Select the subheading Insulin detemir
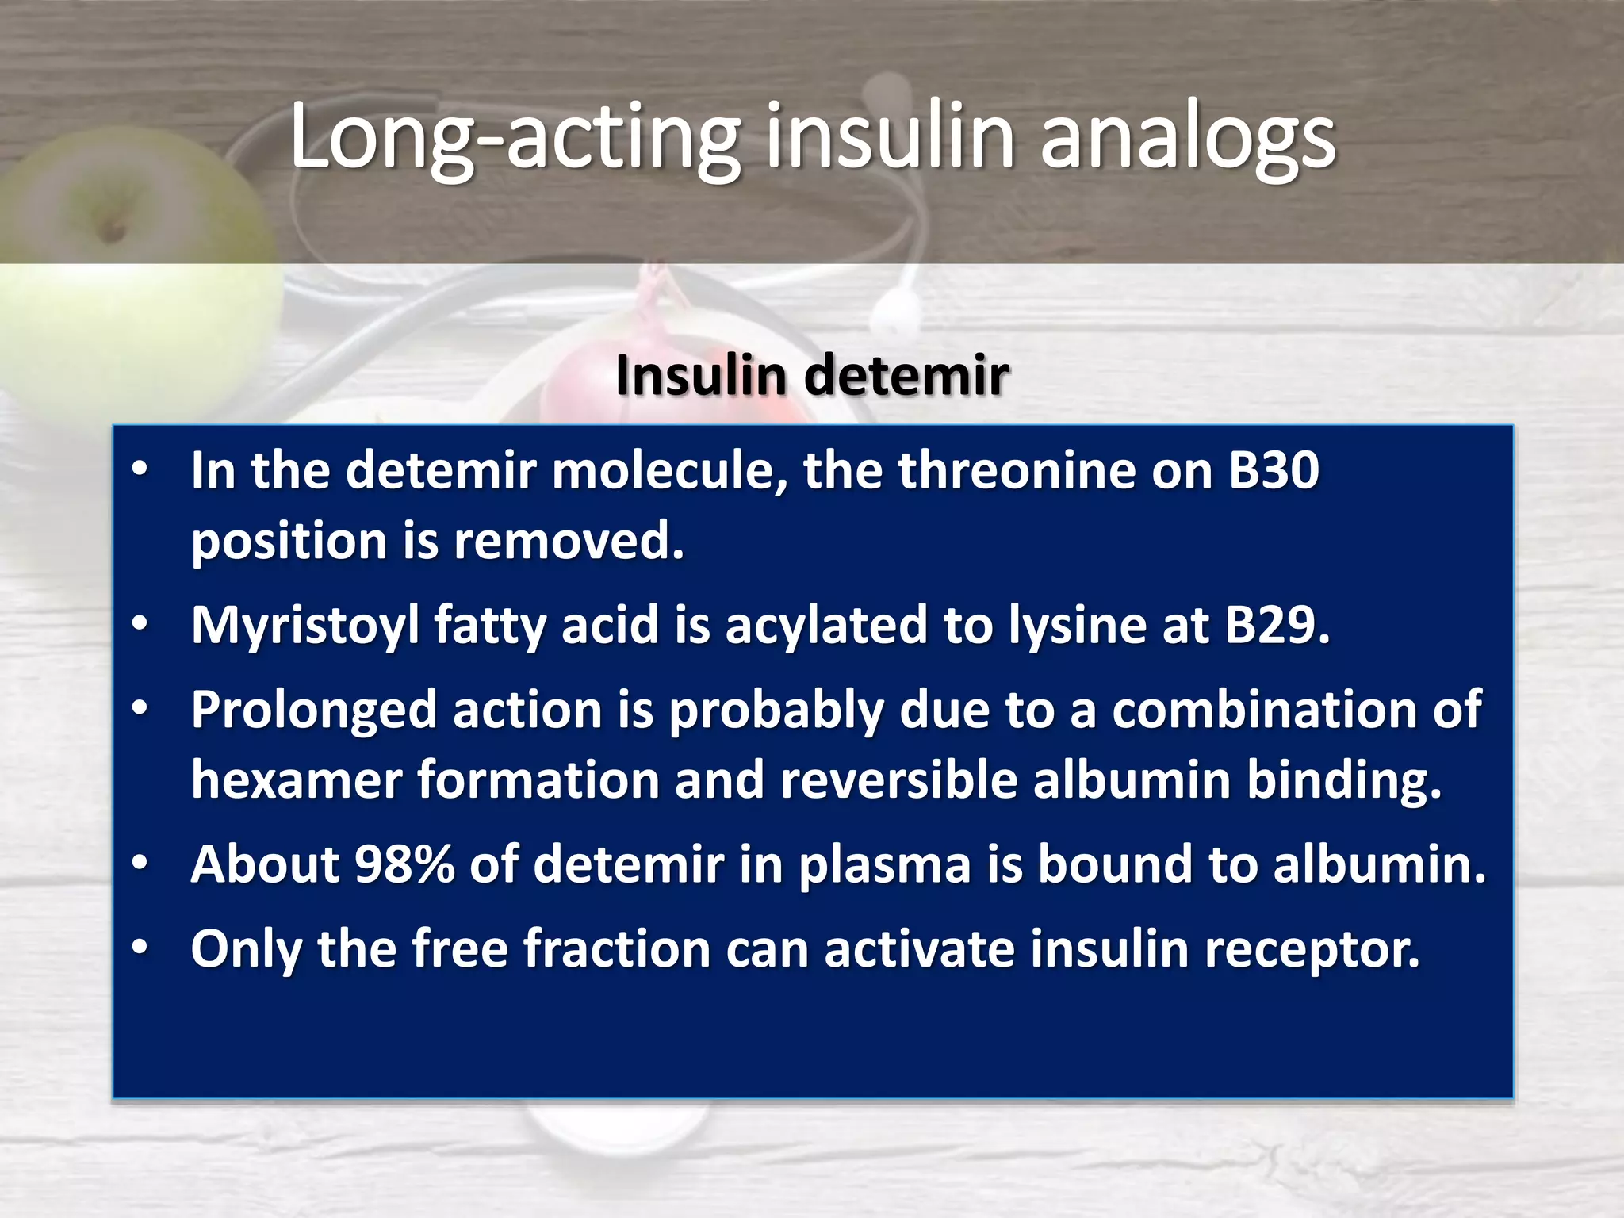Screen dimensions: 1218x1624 tap(812, 375)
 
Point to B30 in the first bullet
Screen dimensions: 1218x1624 tap(1274, 470)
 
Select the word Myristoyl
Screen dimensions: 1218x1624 tap(305, 626)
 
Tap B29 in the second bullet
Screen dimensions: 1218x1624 tap(1277, 625)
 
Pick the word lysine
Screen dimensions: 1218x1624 tap(1078, 626)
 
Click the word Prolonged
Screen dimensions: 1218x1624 tap(314, 710)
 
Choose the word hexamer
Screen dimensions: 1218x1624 tap(297, 779)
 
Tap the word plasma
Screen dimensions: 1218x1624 tap(884, 864)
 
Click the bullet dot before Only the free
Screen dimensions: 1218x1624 tap(140, 947)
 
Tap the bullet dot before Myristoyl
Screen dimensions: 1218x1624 tap(140, 624)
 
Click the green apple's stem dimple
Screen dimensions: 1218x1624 tap(112, 230)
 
